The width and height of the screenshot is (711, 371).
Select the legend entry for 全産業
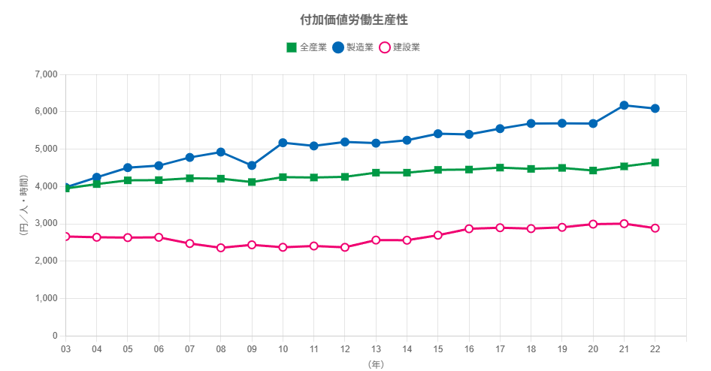tap(306, 47)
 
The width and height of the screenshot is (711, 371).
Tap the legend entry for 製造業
tap(352, 47)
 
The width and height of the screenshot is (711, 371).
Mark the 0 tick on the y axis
tap(55, 336)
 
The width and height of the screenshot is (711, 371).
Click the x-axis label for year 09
tap(252, 349)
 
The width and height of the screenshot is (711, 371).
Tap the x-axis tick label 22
tap(655, 349)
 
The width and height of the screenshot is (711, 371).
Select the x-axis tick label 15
tap(438, 349)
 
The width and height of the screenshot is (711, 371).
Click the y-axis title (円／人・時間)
tap(23, 205)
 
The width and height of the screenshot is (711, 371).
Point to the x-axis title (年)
tap(376, 364)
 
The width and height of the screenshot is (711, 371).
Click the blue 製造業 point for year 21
tap(624, 105)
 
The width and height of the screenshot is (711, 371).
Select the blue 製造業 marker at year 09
tap(252, 165)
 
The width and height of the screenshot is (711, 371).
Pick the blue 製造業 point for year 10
tap(283, 142)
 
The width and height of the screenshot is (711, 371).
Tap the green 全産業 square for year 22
tap(655, 162)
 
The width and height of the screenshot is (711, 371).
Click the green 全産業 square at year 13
tap(376, 173)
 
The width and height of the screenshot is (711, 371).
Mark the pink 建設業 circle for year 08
tap(221, 248)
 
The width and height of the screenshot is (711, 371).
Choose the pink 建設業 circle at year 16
tap(469, 228)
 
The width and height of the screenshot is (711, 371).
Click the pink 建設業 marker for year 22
tap(655, 228)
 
